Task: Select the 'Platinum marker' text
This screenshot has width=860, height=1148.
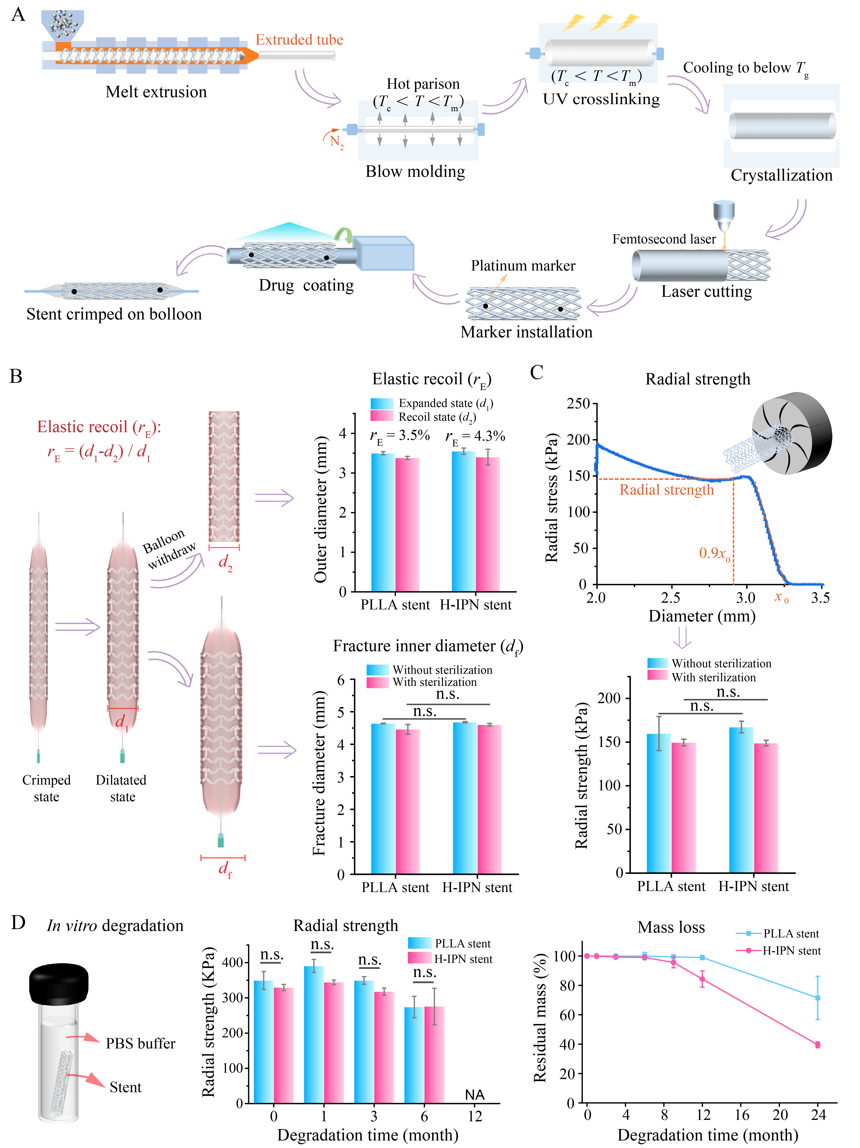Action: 523,266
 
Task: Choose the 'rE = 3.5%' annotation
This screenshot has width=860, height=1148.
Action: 400,437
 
